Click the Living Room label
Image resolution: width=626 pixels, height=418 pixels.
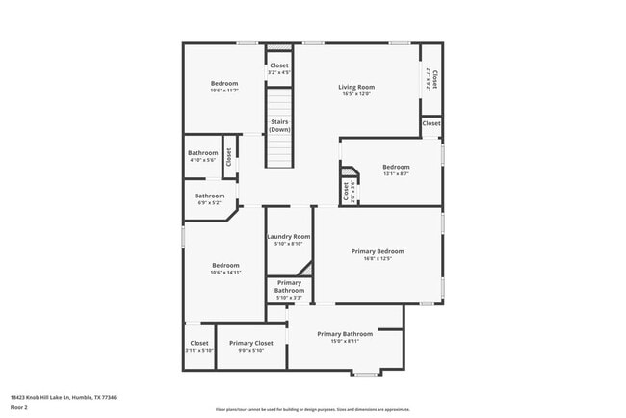[355, 88]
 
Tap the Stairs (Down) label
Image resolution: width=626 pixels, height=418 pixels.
[279, 125]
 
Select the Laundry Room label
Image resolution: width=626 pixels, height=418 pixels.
[288, 236]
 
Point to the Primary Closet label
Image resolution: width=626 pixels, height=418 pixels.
[251, 343]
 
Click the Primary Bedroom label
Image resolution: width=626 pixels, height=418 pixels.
[377, 251]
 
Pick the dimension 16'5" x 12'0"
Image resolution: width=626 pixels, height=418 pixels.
[355, 94]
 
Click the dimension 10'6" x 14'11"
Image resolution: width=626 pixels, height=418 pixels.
[225, 273]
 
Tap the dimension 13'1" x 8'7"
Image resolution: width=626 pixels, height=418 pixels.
[395, 173]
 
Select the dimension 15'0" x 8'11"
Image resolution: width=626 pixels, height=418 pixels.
[345, 341]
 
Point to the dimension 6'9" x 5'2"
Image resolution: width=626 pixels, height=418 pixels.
[209, 202]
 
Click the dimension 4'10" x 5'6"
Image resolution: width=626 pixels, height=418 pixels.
[202, 160]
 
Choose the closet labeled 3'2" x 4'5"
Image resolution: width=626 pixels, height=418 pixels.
[278, 69]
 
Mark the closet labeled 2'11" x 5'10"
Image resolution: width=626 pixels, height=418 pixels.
[199, 346]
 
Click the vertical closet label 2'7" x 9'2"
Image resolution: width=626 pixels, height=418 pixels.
[431, 79]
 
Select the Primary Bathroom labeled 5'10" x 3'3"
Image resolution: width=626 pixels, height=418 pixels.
[289, 290]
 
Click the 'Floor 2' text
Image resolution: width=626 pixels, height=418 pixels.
[18, 407]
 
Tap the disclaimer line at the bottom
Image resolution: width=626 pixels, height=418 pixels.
[312, 410]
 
